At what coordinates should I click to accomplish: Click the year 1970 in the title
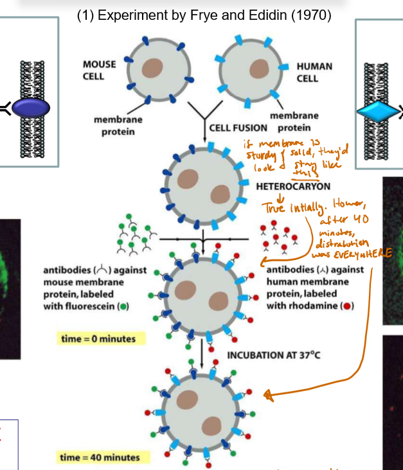tap(311, 15)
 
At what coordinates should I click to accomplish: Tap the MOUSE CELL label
tap(100, 70)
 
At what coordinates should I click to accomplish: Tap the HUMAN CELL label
tap(315, 72)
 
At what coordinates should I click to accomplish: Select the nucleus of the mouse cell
tap(152, 68)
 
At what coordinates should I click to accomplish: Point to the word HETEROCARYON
tap(293, 186)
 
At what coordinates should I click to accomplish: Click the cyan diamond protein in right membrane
tap(378, 111)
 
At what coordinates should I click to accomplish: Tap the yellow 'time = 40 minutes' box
tap(100, 457)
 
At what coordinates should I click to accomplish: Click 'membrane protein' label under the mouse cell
tap(118, 125)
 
